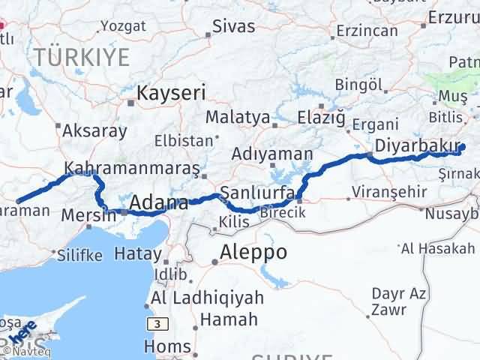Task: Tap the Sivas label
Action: click(x=234, y=27)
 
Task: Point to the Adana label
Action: click(x=158, y=203)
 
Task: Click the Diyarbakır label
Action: click(x=406, y=145)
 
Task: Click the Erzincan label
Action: click(x=367, y=31)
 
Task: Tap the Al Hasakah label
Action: click(x=438, y=248)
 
